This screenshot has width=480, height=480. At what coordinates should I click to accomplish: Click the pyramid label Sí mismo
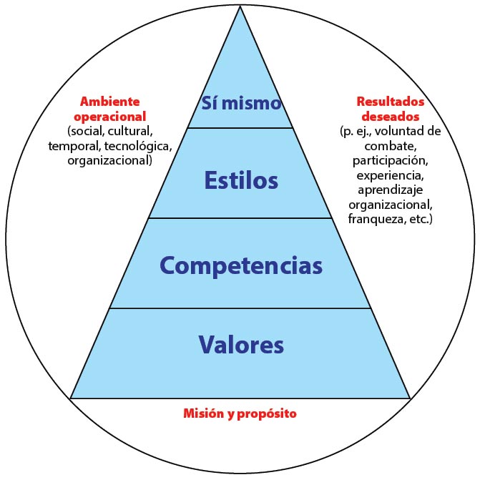tap(241, 103)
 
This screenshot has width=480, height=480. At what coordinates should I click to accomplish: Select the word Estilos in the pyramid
tap(241, 180)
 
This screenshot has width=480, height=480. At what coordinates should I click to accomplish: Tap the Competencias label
tap(241, 266)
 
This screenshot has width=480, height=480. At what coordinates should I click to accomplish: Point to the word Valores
tap(241, 345)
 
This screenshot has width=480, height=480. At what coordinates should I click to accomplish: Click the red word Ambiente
tap(110, 102)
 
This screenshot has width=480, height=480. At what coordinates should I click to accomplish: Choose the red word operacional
tap(110, 117)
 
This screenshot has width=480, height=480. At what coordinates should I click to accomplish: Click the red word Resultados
tap(391, 102)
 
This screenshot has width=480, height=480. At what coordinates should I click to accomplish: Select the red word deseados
tap(391, 117)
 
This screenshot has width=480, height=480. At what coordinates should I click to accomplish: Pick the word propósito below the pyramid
tap(267, 414)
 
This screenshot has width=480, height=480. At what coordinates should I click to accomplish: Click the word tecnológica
tap(138, 147)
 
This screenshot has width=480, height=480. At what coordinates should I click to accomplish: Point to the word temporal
tap(74, 147)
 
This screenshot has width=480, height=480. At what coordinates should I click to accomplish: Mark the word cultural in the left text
tap(130, 132)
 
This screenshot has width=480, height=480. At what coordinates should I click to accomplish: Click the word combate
tap(391, 147)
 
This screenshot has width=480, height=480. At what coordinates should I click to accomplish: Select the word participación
tap(391, 162)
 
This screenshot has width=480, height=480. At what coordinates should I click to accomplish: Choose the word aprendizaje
tap(391, 190)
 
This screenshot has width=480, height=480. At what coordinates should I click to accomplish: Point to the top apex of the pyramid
tap(240, 6)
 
